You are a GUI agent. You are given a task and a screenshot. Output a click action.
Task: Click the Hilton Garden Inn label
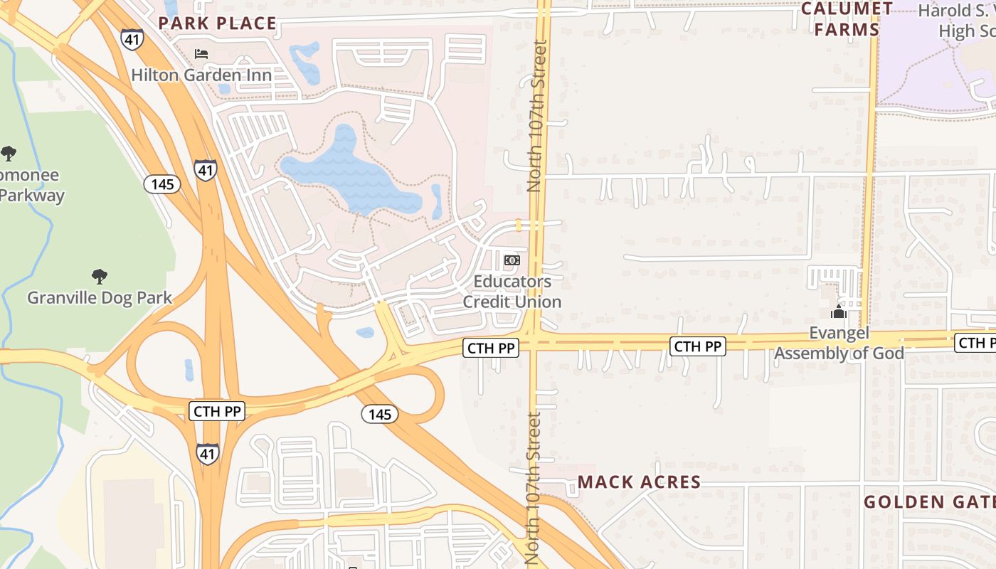(x=201, y=75)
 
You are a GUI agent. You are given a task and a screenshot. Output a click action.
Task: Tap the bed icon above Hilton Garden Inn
(x=201, y=53)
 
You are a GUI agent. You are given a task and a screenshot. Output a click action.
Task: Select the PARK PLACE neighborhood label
(x=217, y=23)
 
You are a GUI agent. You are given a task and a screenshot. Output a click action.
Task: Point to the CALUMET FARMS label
(x=847, y=19)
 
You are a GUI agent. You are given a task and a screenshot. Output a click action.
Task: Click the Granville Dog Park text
(x=100, y=297)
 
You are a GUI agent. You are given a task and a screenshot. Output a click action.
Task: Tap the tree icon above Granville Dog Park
(x=100, y=276)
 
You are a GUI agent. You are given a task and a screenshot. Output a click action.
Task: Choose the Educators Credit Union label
(x=512, y=292)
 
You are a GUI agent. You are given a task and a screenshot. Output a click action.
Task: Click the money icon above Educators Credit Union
(x=512, y=260)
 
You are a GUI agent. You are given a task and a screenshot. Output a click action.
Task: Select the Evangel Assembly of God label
(x=839, y=344)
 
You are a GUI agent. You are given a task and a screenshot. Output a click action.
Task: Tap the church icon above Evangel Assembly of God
(x=839, y=312)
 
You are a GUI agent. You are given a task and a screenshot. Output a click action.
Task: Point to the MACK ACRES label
(x=639, y=482)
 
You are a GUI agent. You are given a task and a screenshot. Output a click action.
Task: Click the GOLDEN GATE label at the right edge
(x=929, y=502)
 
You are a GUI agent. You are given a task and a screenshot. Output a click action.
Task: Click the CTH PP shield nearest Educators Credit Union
(x=491, y=348)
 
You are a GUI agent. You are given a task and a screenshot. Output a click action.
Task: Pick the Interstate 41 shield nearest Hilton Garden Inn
(x=132, y=39)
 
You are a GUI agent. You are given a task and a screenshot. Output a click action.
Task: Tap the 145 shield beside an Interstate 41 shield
(x=162, y=185)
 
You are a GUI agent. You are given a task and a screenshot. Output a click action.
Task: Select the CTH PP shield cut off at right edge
(x=975, y=343)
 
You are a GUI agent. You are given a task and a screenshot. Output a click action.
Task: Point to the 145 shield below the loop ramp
(x=379, y=414)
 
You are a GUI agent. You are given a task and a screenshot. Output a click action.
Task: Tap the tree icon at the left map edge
(x=9, y=153)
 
